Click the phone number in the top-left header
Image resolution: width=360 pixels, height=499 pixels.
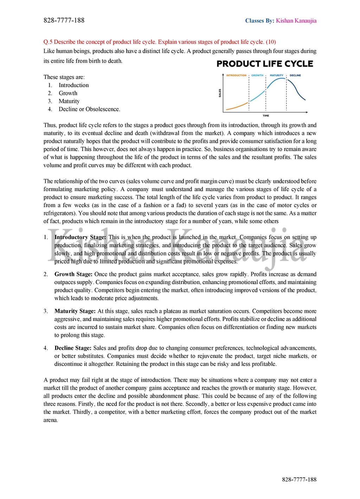pyautogui.click(x=64, y=20)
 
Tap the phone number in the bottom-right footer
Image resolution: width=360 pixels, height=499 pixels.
pyautogui.click(x=299, y=479)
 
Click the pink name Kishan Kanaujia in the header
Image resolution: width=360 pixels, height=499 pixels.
pyautogui.click(x=296, y=21)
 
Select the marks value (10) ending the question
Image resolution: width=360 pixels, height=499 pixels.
pyautogui.click(x=271, y=42)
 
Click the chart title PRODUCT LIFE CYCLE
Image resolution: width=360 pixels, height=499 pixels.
pyautogui.click(x=265, y=64)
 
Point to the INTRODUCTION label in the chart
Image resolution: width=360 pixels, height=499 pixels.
pyautogui.click(x=236, y=75)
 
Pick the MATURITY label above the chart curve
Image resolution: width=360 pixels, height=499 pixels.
pyautogui.click(x=276, y=75)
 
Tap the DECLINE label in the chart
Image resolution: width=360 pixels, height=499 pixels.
pyautogui.click(x=295, y=75)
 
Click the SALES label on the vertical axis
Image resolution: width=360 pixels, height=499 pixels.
pyautogui.click(x=220, y=93)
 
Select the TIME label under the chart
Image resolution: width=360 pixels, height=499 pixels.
pyautogui.click(x=266, y=115)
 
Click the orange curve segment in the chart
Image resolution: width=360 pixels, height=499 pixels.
pyautogui.click(x=237, y=107)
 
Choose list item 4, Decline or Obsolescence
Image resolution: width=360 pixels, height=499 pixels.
pyautogui.click(x=89, y=109)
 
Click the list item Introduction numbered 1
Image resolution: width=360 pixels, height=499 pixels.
pyautogui.click(x=73, y=85)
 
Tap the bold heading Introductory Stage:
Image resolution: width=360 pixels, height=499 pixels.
pyautogui.click(x=80, y=237)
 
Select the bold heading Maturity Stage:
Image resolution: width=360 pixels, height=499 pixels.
pyautogui.click(x=75, y=311)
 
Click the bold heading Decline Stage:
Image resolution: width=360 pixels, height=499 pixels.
pyautogui.click(x=73, y=348)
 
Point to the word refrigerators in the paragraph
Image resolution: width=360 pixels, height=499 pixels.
pyautogui.click(x=59, y=213)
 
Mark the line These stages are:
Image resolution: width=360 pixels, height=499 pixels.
pyautogui.click(x=64, y=77)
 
